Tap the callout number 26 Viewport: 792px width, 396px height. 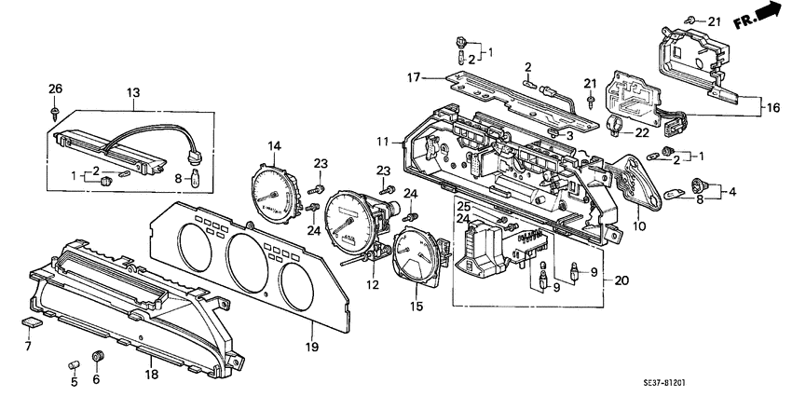[x=55, y=89]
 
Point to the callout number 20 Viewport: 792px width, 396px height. [x=622, y=280]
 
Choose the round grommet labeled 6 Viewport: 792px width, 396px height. [x=99, y=356]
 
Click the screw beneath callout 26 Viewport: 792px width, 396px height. [x=55, y=110]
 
